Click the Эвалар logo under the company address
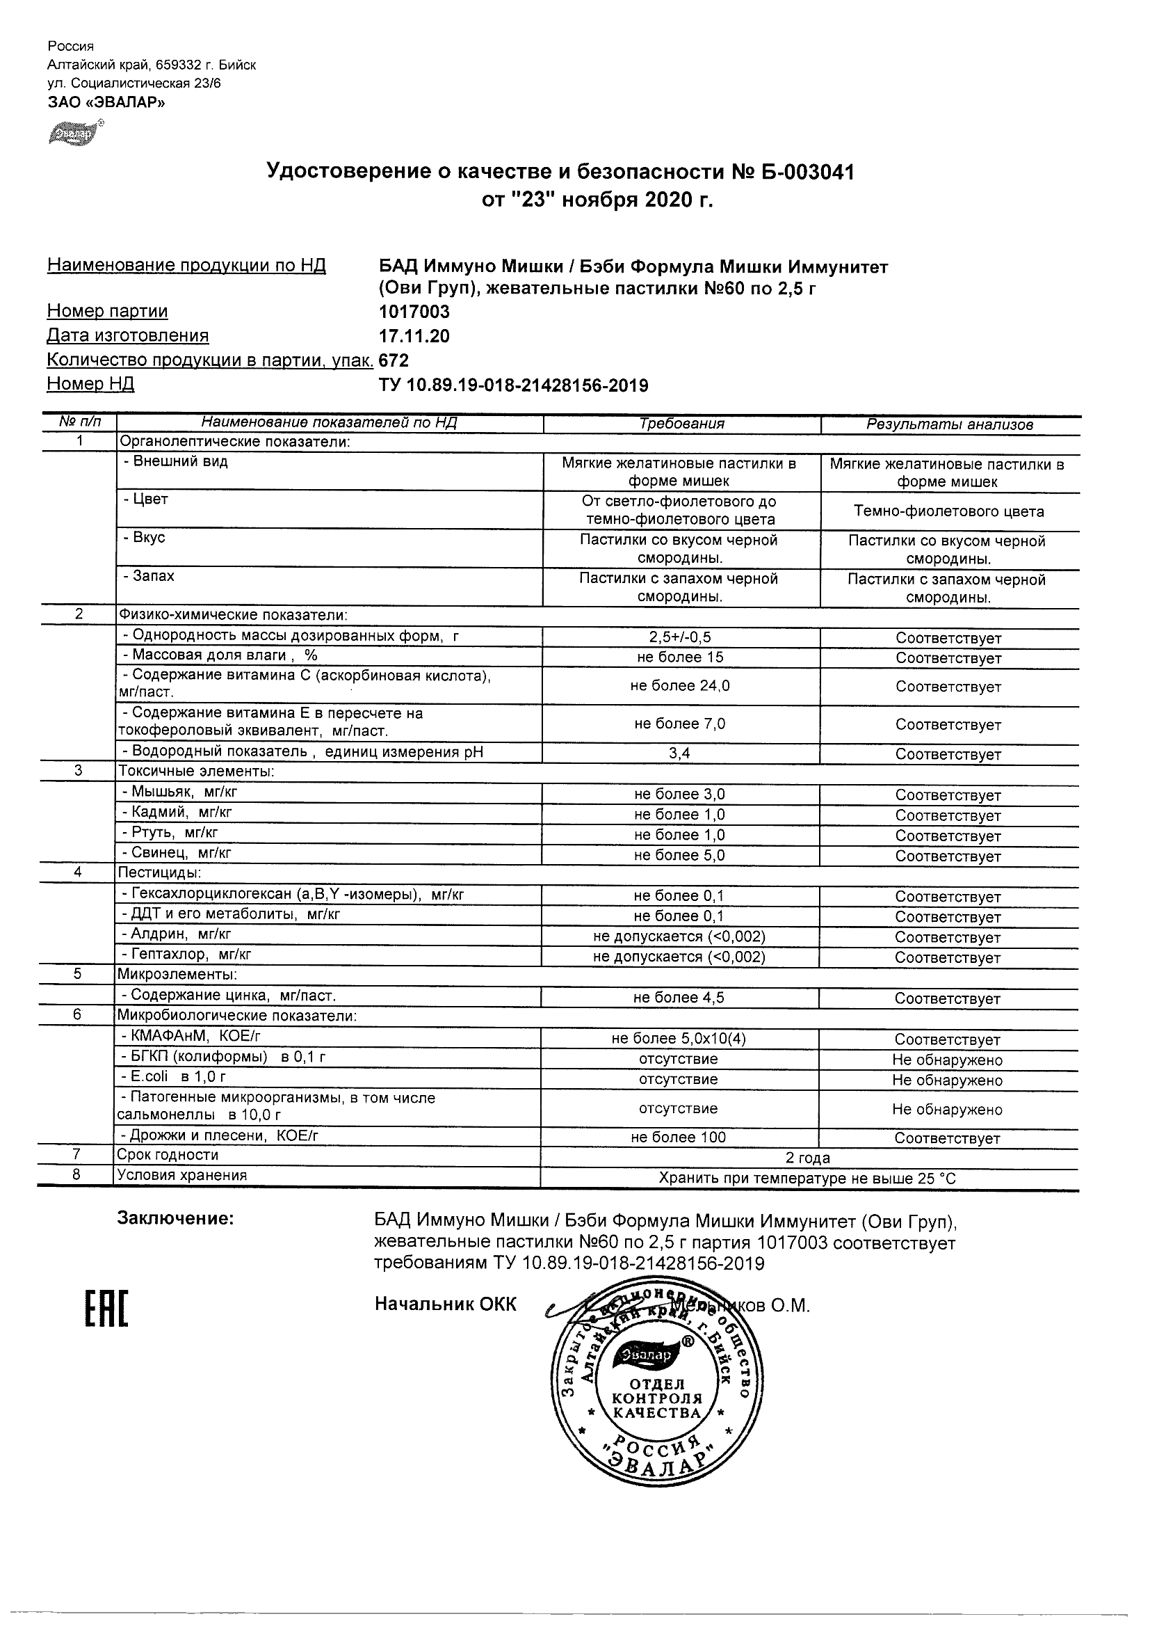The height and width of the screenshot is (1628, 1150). (x=75, y=134)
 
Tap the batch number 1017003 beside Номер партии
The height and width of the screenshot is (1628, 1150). (x=414, y=312)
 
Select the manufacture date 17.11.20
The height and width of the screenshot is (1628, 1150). (x=414, y=336)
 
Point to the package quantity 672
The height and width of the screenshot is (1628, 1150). (x=394, y=360)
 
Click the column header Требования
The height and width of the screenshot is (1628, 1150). (x=681, y=424)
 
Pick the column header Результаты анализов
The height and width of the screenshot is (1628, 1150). (x=949, y=424)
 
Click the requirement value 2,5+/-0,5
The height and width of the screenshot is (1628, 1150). (x=680, y=637)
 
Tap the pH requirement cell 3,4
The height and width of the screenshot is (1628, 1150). (x=679, y=753)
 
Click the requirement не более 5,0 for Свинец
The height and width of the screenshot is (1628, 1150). (x=679, y=855)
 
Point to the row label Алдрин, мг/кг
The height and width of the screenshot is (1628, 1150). (x=177, y=934)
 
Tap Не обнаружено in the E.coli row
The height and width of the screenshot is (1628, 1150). (x=948, y=1080)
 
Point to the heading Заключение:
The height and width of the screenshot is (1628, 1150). (x=175, y=1218)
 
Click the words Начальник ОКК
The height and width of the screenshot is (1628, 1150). (x=446, y=1304)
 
